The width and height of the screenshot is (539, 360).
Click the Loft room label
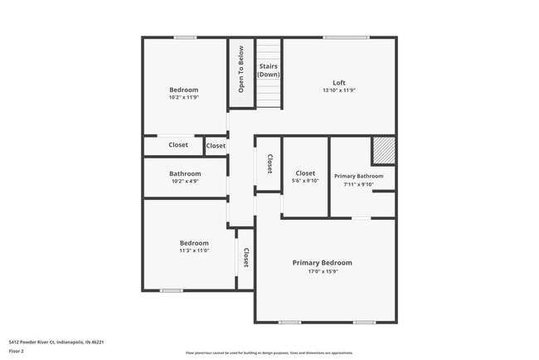click(x=338, y=83)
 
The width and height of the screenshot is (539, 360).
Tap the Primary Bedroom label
click(x=322, y=263)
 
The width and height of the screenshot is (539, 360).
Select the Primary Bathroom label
click(x=358, y=176)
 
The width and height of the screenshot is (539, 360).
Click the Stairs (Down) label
click(x=268, y=70)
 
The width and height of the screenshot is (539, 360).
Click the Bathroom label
click(x=186, y=173)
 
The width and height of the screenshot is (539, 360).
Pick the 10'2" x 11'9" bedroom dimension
click(x=184, y=97)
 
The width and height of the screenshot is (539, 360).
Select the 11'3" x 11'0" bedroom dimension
click(x=194, y=250)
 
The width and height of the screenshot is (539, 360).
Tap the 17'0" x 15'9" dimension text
click(x=322, y=271)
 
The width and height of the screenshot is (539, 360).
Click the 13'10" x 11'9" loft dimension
click(x=338, y=90)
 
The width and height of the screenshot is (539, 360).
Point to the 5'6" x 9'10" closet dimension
click(x=305, y=181)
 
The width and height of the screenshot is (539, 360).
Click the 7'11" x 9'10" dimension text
click(x=358, y=184)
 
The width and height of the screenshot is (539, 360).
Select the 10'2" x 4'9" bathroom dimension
click(x=186, y=181)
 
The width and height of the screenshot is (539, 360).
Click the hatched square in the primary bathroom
click(x=383, y=151)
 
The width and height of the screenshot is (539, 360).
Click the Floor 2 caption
click(x=17, y=351)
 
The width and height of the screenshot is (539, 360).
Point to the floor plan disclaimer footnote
click(x=269, y=353)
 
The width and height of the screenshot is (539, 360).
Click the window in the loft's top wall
click(x=347, y=37)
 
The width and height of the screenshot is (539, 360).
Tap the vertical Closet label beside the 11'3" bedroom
click(x=246, y=259)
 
